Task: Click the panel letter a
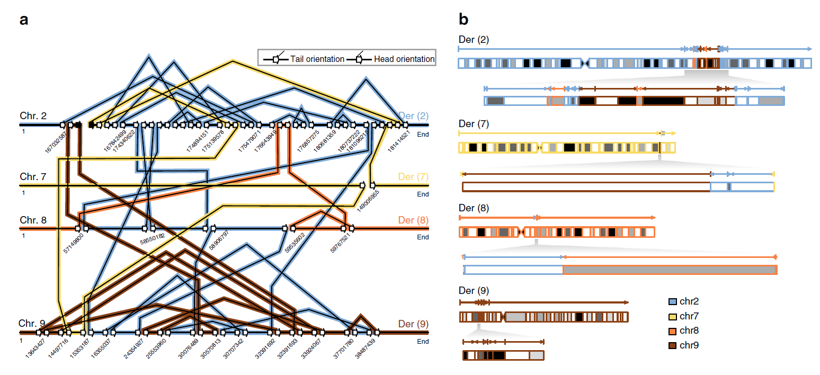click(x=24, y=21)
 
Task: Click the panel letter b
click(x=464, y=21)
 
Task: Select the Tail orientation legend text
click(x=317, y=59)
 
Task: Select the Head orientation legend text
click(x=404, y=59)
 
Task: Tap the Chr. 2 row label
click(x=33, y=116)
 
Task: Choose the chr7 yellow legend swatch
click(x=673, y=317)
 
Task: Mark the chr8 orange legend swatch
click(x=673, y=332)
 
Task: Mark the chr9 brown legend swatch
click(x=673, y=346)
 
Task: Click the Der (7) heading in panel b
click(x=474, y=124)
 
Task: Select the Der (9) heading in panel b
click(x=474, y=290)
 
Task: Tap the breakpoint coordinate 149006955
click(x=368, y=201)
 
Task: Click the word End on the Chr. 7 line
click(x=423, y=194)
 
